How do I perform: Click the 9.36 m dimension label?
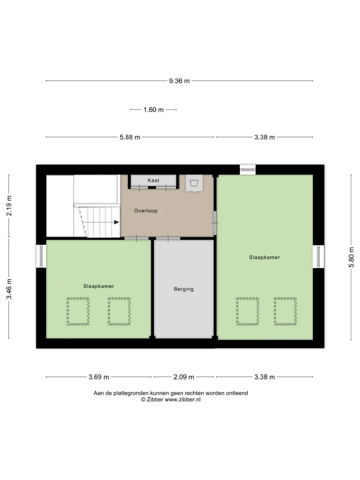(x=179, y=81)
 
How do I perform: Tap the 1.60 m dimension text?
(x=154, y=109)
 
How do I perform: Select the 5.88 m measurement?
(x=130, y=137)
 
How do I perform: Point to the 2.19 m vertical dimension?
(x=9, y=206)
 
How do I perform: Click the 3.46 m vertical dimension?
(x=9, y=289)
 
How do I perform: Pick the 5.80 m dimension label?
(x=351, y=257)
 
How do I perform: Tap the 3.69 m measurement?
(x=98, y=377)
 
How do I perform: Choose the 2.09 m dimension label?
(x=184, y=377)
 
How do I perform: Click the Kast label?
(x=153, y=180)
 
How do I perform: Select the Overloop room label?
(x=146, y=211)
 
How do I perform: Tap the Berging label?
(x=184, y=289)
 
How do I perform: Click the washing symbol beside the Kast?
(x=194, y=183)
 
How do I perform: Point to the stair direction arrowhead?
(x=116, y=222)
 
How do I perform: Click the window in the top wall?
(x=247, y=170)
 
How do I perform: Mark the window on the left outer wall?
(x=41, y=256)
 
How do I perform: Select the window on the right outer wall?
(x=318, y=257)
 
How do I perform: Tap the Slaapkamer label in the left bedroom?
(x=98, y=286)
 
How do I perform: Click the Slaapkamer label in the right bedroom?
(x=265, y=258)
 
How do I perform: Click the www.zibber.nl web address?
(x=183, y=400)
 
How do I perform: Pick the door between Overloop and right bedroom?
(x=215, y=223)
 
